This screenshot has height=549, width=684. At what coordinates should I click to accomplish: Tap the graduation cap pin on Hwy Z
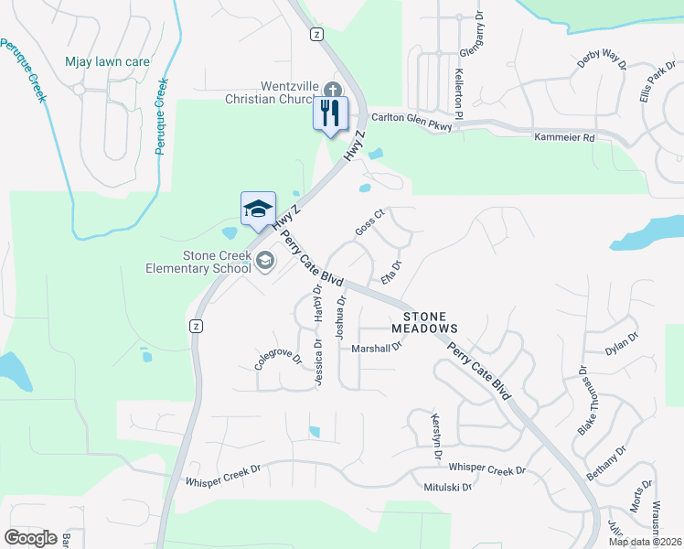pos(258,208)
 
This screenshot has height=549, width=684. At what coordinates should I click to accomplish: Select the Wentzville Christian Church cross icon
pos(332,90)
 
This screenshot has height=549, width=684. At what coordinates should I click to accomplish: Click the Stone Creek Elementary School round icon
pos(264,263)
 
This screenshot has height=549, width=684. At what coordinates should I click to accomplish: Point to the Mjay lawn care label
pos(107,62)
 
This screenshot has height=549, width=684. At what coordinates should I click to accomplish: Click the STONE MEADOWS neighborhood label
pos(423,320)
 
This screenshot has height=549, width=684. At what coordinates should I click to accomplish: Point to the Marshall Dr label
pos(378,348)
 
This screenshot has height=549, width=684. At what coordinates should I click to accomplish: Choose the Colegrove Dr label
pos(278,356)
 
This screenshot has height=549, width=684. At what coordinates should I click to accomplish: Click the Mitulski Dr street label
pos(447,488)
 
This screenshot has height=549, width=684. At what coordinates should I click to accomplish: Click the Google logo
pos(30,537)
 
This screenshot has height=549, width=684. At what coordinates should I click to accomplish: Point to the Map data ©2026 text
pos(645,542)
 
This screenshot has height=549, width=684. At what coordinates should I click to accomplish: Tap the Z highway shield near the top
pos(315,34)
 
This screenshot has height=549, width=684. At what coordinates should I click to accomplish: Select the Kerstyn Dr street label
pos(436,436)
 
